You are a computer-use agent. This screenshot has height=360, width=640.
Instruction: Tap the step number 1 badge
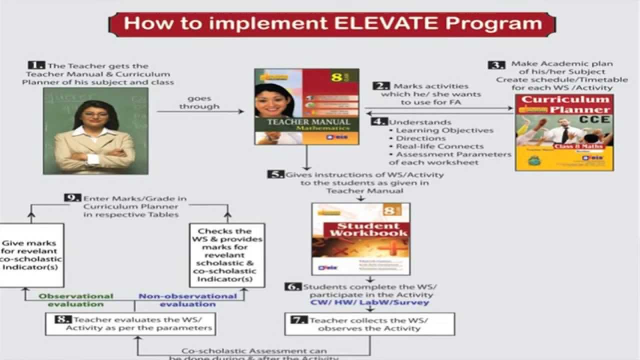[36, 65]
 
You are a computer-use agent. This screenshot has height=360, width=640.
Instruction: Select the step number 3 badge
[496, 64]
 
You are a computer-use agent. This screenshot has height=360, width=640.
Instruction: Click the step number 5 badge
[275, 174]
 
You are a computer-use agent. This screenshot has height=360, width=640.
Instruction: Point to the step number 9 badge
[72, 198]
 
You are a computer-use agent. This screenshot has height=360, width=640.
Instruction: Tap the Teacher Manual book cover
[306, 106]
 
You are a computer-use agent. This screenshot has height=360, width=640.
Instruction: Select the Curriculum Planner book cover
[564, 132]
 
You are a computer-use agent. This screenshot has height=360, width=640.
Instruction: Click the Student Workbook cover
[360, 238]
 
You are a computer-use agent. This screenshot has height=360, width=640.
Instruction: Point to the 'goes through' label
[199, 102]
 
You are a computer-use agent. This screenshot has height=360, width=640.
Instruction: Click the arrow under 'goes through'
[200, 111]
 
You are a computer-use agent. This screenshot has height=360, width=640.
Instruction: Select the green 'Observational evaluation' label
[76, 300]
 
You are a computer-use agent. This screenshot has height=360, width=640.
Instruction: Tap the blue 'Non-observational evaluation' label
[187, 300]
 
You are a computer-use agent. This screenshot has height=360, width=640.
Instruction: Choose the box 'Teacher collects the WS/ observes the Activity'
[369, 324]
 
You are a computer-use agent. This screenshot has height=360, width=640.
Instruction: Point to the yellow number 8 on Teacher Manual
[336, 78]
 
